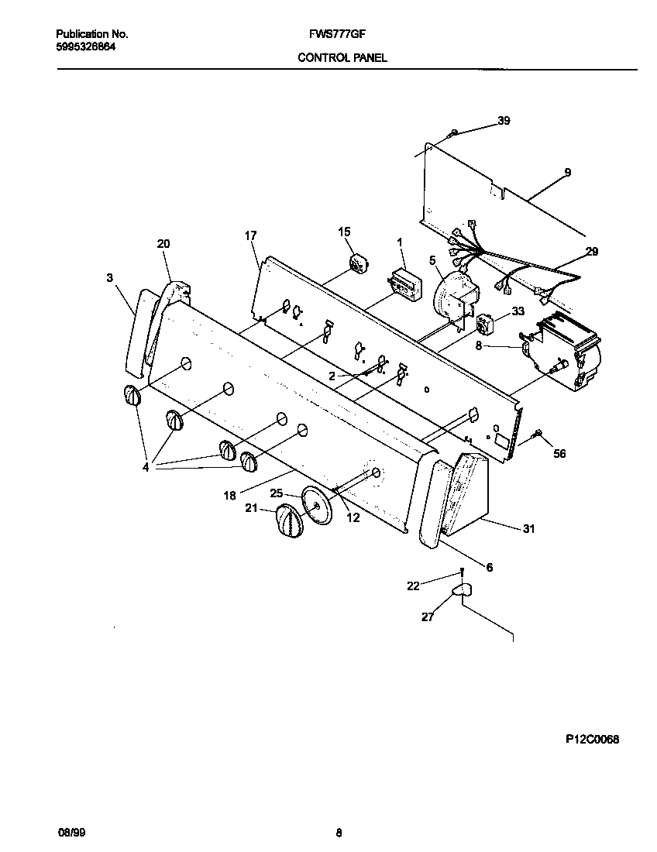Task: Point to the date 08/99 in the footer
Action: [x=70, y=833]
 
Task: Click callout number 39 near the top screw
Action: [x=504, y=121]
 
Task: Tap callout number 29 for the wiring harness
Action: [x=592, y=252]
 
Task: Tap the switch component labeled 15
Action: [x=359, y=263]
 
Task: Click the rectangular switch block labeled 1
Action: [x=403, y=284]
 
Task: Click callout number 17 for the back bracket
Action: [x=250, y=235]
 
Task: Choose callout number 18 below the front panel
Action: [x=230, y=495]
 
